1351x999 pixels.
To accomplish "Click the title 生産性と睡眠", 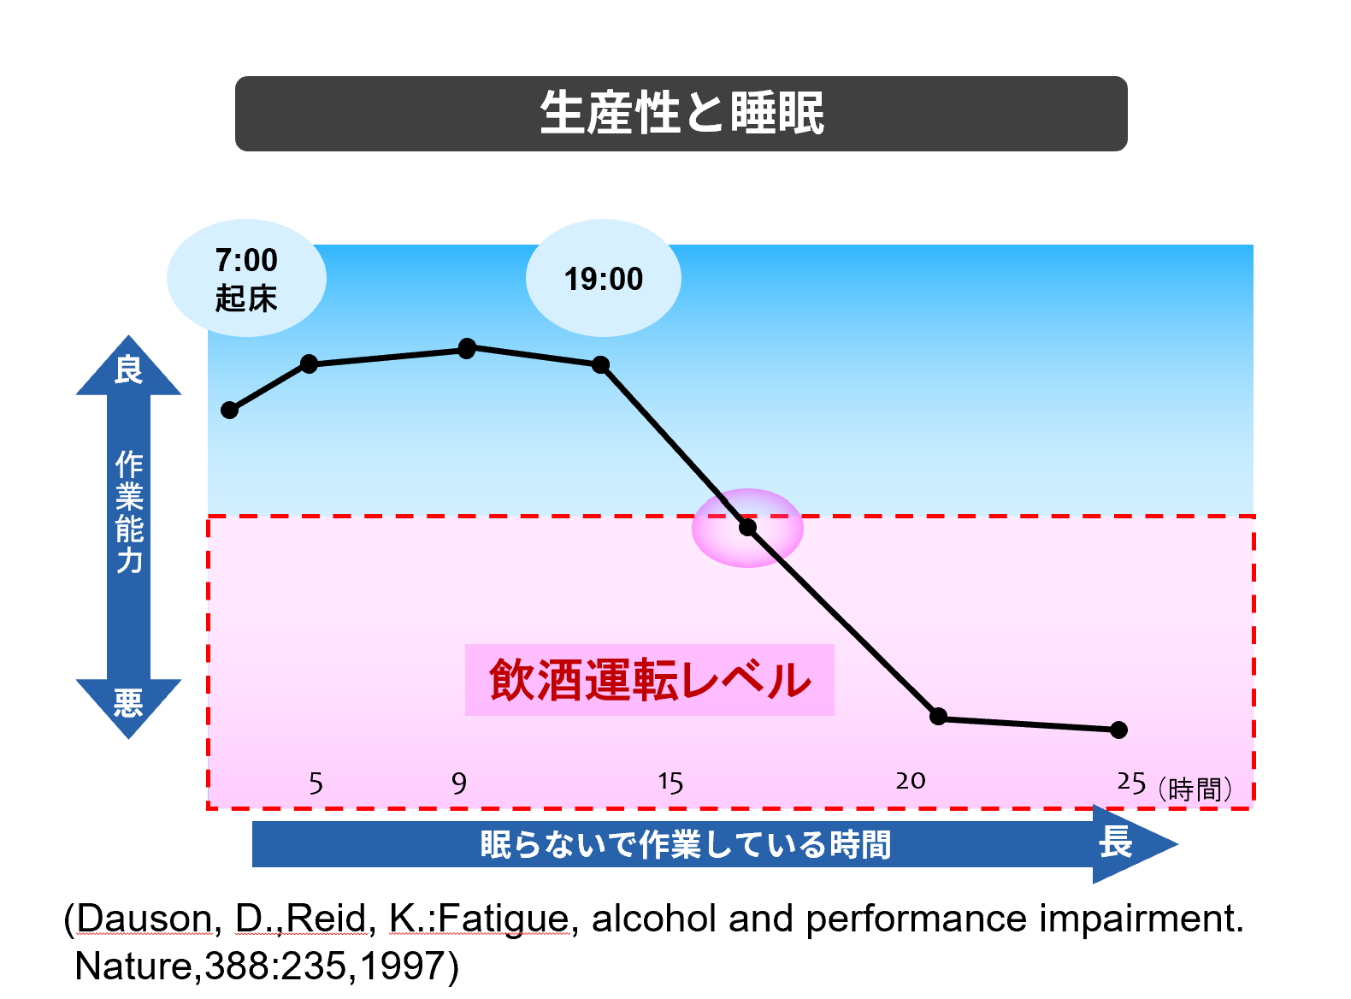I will [681, 113].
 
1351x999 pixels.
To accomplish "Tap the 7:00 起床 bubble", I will [246, 279].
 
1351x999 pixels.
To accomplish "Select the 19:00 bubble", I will [603, 279].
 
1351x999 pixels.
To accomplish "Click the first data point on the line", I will [229, 411].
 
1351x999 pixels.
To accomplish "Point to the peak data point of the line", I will [467, 348].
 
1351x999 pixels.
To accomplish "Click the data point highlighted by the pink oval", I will [748, 528].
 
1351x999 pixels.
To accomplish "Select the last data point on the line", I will [1118, 730].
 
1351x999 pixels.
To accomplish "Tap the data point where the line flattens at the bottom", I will [938, 716].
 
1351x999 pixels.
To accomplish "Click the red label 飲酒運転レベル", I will [650, 680].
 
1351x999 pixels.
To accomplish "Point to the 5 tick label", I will [316, 783].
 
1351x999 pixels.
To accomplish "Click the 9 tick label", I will [459, 783].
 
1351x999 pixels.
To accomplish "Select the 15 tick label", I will [670, 783].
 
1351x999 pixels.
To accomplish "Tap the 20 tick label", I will [911, 781].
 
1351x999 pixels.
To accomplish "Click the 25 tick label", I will [1131, 783].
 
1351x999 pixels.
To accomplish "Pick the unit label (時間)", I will [1195, 789].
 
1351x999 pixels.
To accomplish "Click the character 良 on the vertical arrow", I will [128, 370].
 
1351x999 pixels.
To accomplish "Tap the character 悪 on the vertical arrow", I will [128, 703].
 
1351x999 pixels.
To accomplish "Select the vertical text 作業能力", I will [129, 511].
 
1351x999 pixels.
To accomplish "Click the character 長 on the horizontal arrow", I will [1115, 842].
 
